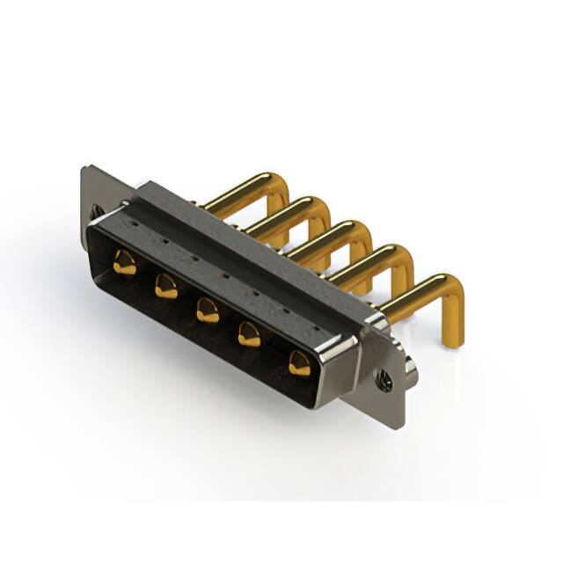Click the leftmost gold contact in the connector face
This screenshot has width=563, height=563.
[x=124, y=262]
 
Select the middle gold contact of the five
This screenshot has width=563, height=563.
[x=208, y=309]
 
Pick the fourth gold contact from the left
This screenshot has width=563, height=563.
[x=250, y=333]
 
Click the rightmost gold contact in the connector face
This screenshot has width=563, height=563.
[x=299, y=361]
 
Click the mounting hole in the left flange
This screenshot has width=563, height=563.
[x=96, y=211]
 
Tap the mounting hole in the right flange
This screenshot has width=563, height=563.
[x=385, y=379]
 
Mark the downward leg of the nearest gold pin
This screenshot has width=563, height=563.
[x=454, y=317]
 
